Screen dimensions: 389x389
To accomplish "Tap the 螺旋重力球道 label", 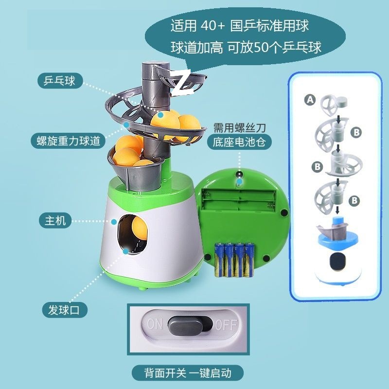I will pyautogui.click(x=68, y=141).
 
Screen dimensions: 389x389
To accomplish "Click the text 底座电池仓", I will pyautogui.click(x=239, y=142).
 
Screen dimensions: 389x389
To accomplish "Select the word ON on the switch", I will pyautogui.click(x=154, y=324).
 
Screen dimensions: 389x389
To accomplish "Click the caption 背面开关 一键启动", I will pyautogui.click(x=187, y=373).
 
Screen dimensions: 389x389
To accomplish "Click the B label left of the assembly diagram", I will pyautogui.click(x=318, y=166).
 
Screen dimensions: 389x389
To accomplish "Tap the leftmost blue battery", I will pyautogui.click(x=219, y=260).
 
